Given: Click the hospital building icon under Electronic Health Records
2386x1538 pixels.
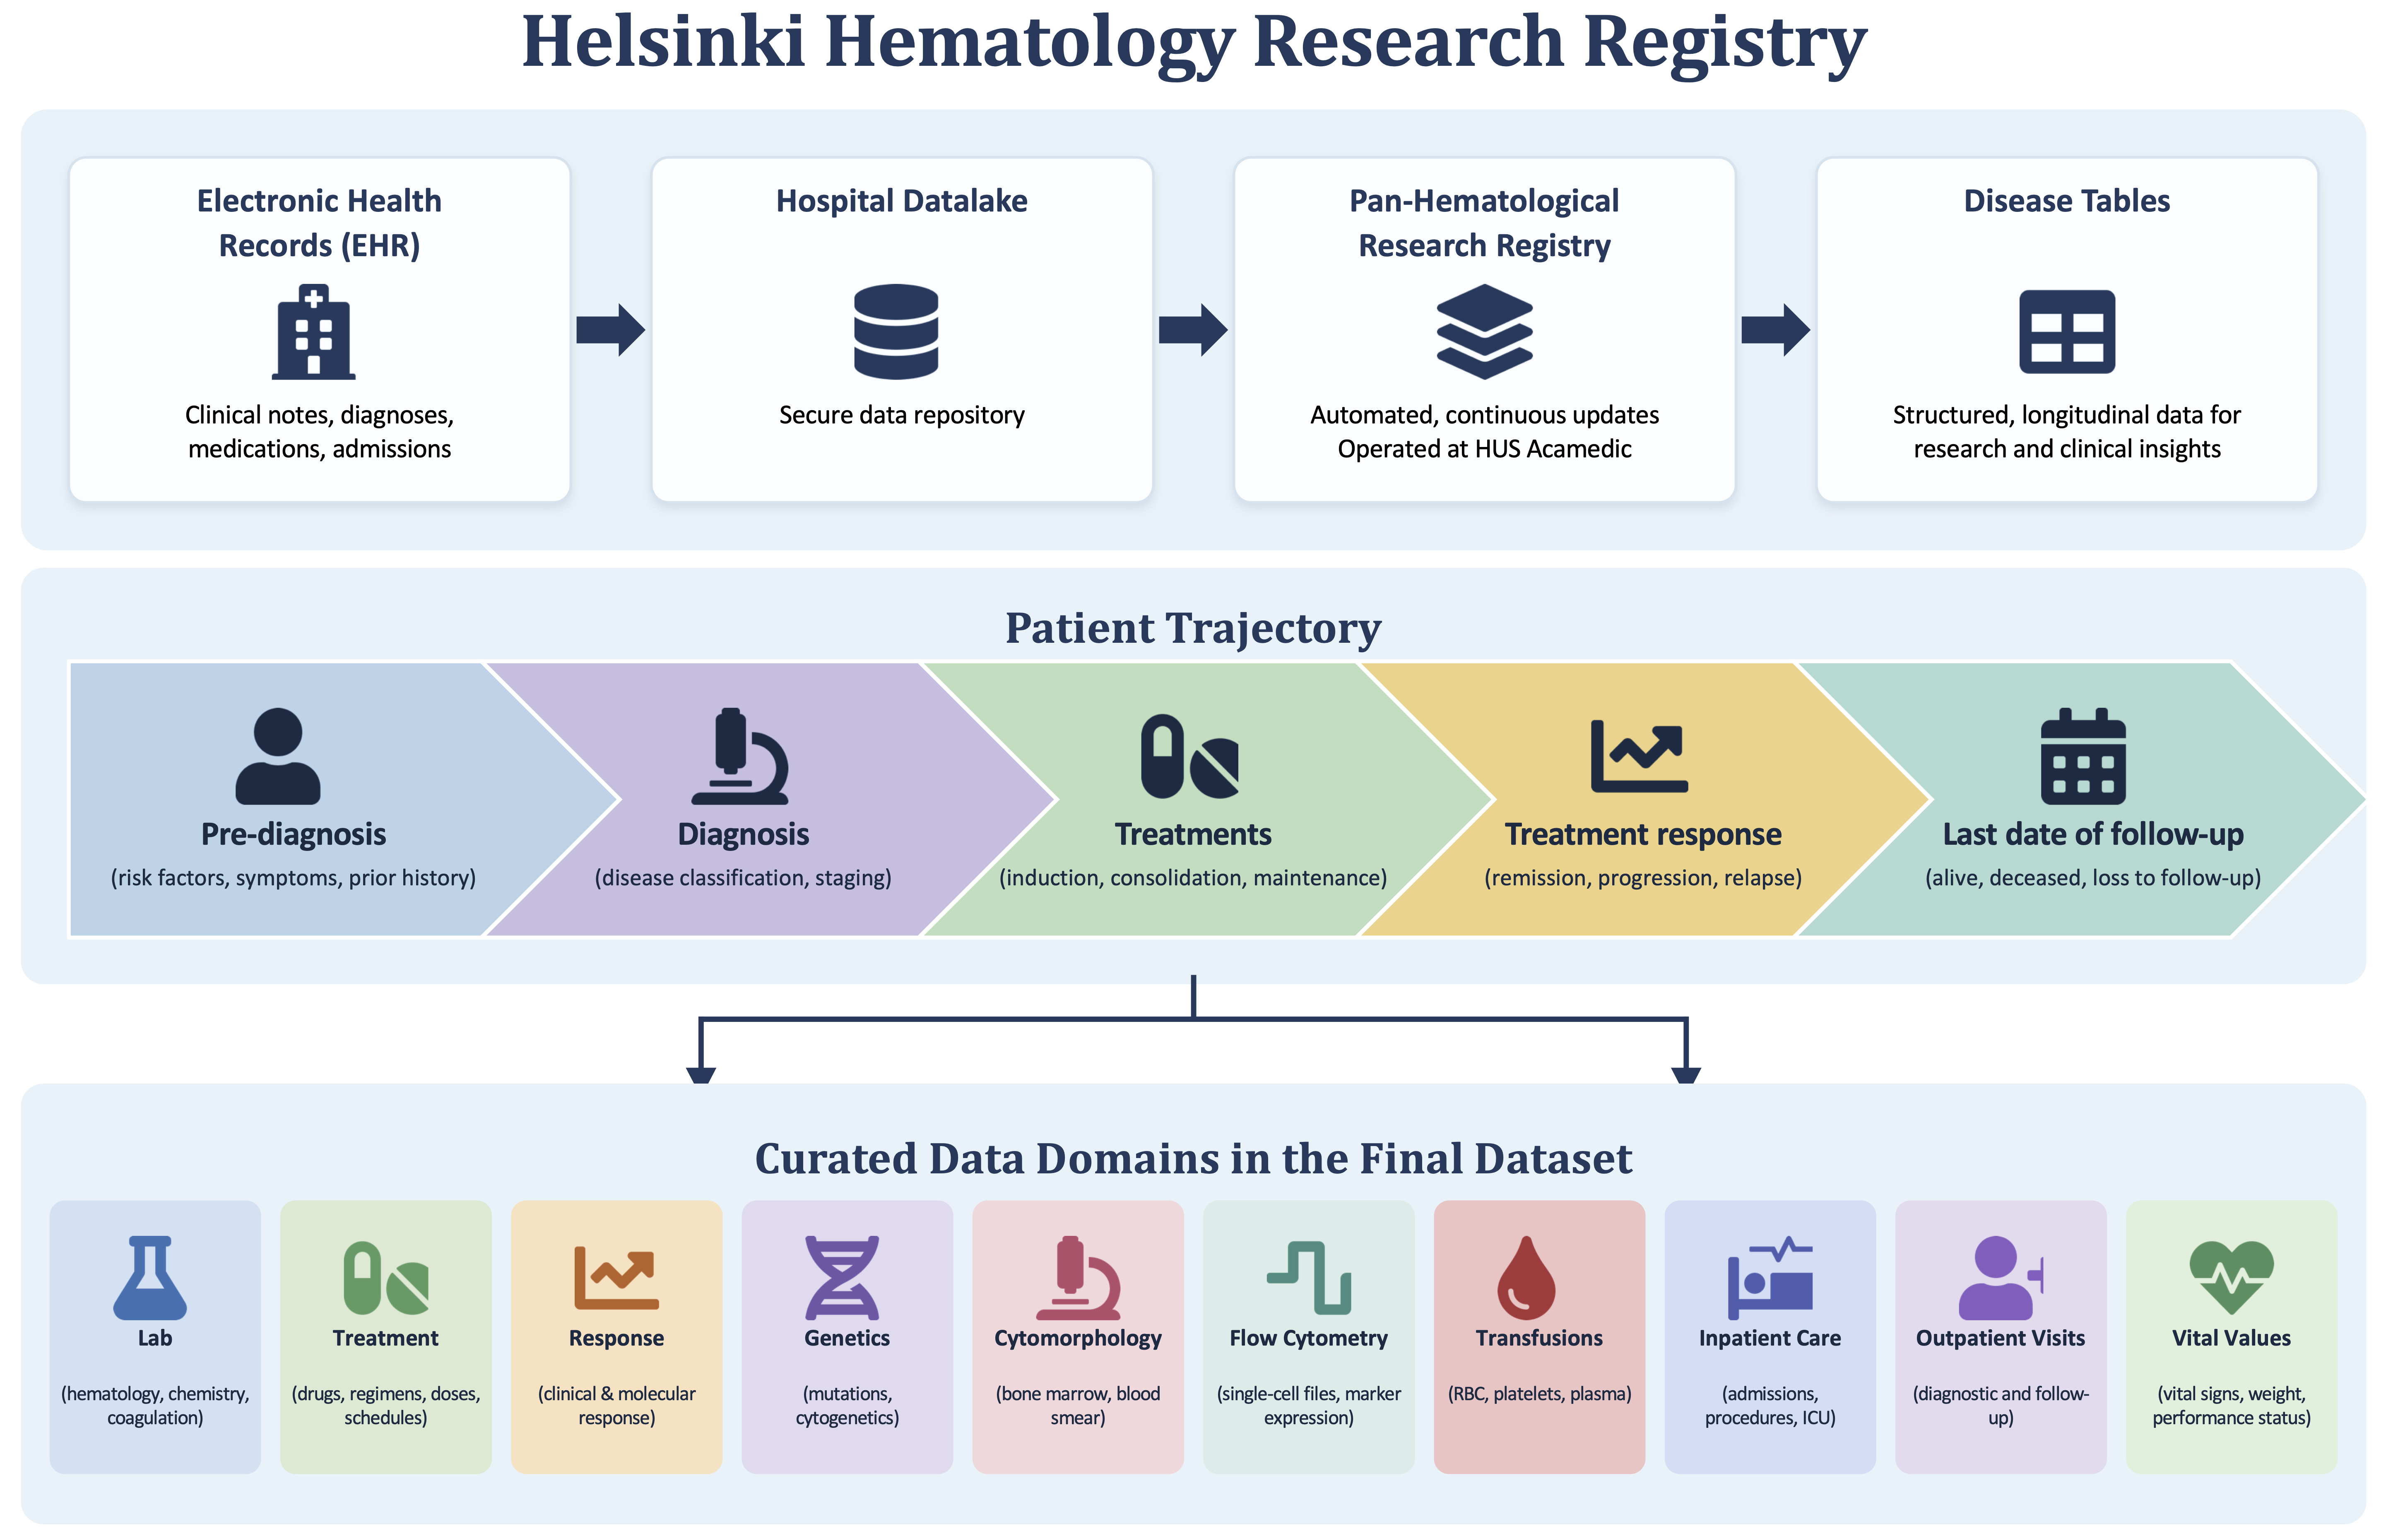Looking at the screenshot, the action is (313, 332).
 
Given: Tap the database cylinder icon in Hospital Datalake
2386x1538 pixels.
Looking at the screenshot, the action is (896, 332).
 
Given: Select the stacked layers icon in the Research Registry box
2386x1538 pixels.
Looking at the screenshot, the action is (1484, 332).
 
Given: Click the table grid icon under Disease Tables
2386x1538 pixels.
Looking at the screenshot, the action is (2066, 332).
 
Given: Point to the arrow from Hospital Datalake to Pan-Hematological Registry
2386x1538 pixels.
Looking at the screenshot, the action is (1192, 329).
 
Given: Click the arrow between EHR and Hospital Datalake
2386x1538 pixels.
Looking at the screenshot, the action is (610, 329).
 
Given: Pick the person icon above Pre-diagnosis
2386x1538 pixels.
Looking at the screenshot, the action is (278, 756).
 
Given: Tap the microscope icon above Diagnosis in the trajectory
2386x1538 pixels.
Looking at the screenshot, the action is (740, 756).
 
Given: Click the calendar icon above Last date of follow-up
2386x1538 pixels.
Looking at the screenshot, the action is (2083, 756).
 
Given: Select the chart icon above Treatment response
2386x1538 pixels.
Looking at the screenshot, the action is (1639, 756).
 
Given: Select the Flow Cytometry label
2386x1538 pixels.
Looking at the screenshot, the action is (1308, 1338).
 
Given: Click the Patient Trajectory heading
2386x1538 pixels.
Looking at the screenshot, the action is (1192, 628).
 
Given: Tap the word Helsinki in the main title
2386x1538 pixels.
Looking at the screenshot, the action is (663, 42).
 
